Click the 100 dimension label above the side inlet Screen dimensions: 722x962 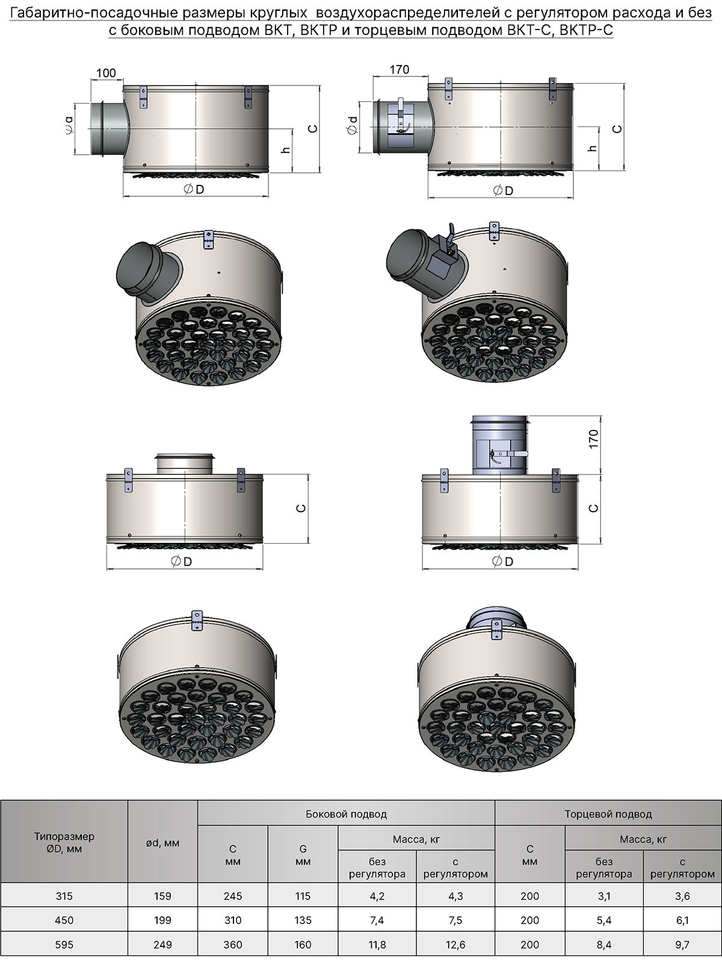(106, 73)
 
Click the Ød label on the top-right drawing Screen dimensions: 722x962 (353, 125)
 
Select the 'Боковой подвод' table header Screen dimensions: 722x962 (346, 815)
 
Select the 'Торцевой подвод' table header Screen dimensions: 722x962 (608, 815)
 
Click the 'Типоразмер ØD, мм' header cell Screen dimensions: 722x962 (64, 843)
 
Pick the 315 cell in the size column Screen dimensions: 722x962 (64, 896)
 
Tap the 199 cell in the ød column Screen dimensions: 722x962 (162, 920)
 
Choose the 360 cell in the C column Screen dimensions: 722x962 (232, 944)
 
